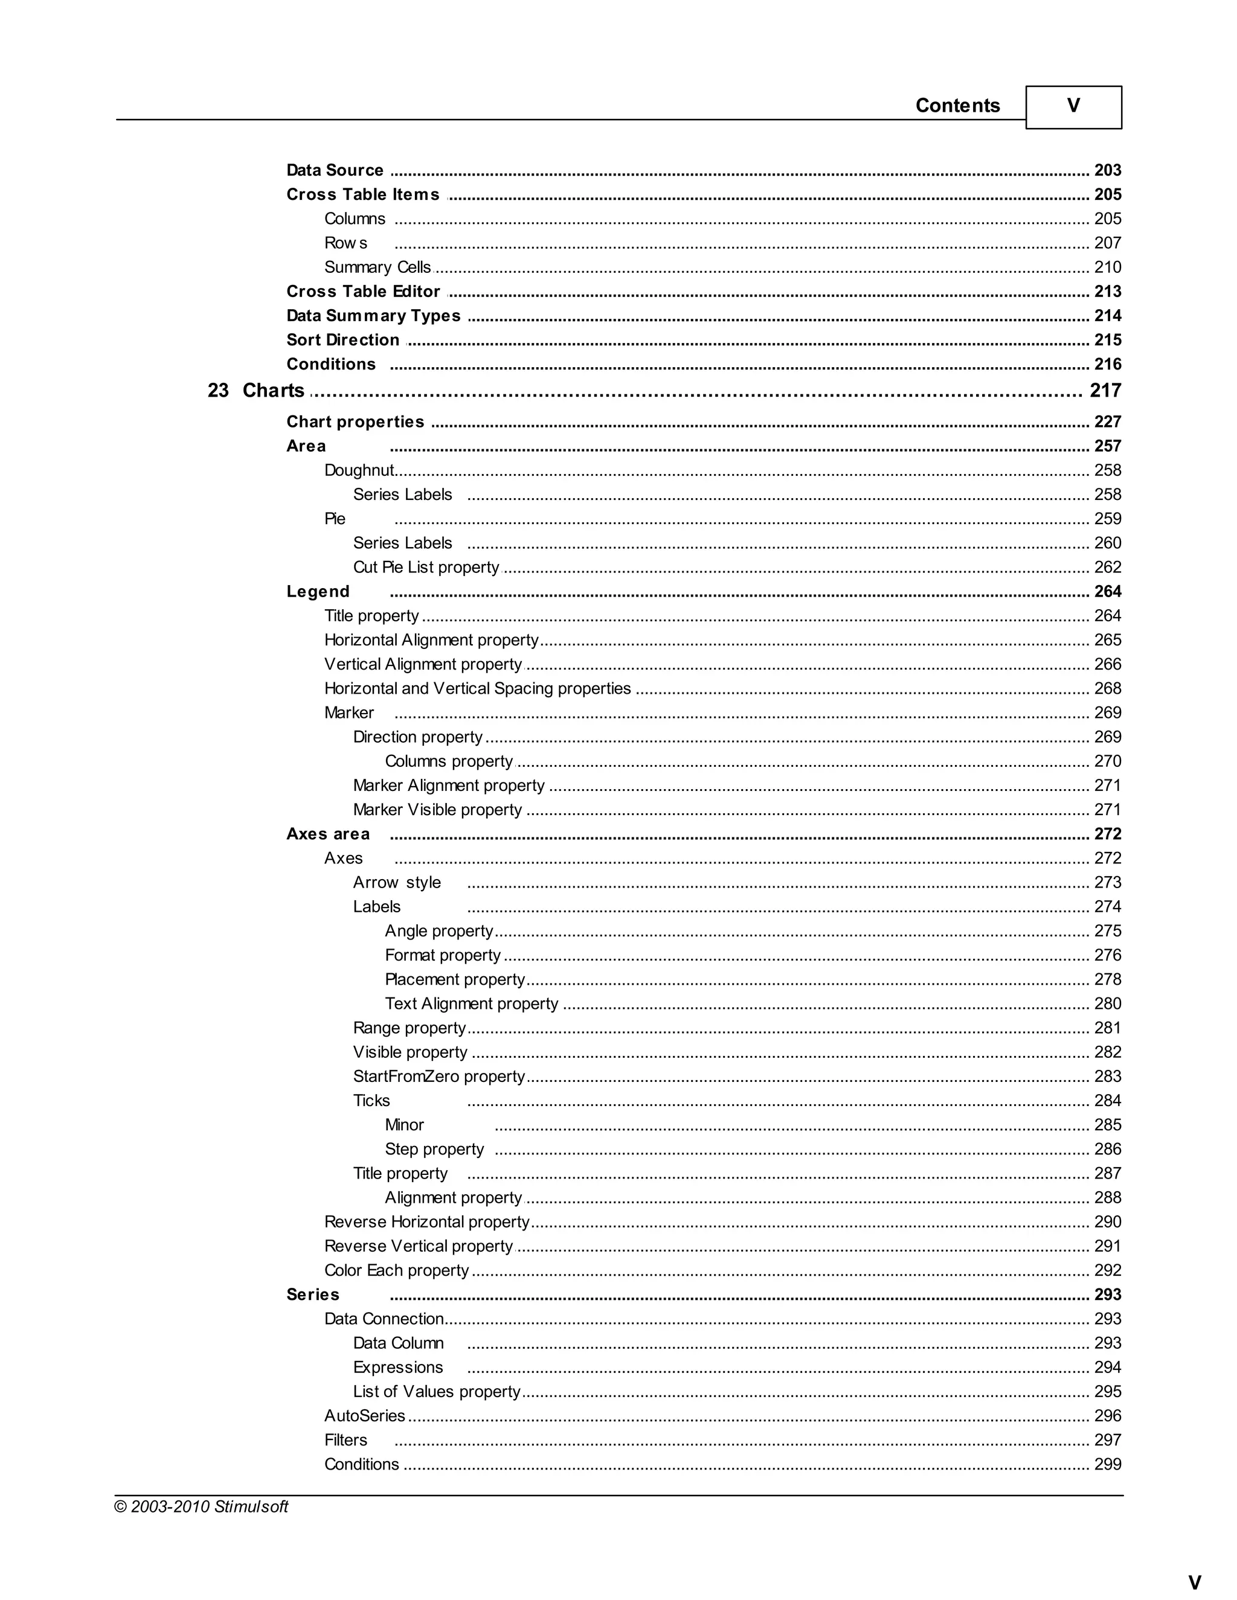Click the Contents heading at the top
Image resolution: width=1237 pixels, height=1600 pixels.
[x=957, y=106]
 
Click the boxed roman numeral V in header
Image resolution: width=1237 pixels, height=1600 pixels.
[x=1073, y=106]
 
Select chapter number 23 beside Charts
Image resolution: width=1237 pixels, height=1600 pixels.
[x=217, y=391]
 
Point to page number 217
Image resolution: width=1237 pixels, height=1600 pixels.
[x=1105, y=391]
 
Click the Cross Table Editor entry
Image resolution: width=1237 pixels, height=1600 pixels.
[x=363, y=292]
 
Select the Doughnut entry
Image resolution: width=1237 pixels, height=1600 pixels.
[x=359, y=470]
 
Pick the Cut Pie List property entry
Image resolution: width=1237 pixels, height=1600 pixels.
[x=426, y=567]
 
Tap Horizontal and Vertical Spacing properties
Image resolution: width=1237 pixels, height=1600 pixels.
[x=477, y=689]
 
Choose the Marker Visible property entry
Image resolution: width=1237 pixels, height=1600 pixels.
[x=437, y=810]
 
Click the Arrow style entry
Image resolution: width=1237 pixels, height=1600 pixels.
[x=396, y=882]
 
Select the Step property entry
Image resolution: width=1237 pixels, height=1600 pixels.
[x=434, y=1149]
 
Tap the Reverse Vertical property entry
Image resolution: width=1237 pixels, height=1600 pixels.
[x=419, y=1246]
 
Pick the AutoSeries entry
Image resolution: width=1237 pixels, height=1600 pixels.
[x=364, y=1415]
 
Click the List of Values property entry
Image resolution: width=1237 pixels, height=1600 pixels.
[x=437, y=1391]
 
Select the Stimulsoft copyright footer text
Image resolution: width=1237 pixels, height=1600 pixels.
[x=202, y=1506]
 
